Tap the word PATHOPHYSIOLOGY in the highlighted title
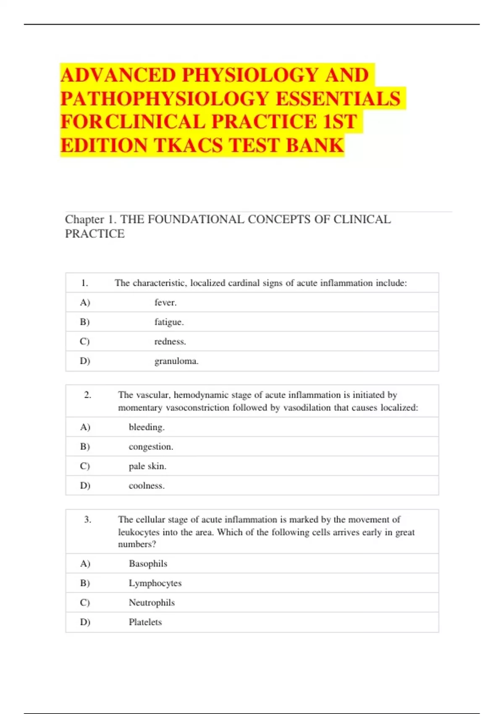point(165,99)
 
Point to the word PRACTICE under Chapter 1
point(95,234)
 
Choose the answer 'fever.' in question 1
point(165,302)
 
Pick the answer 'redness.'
point(170,341)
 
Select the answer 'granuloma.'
point(176,361)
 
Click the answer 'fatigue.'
point(169,322)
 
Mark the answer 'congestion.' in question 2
point(151,446)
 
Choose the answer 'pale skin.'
point(147,466)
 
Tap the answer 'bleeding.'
point(147,427)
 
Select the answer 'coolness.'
point(147,486)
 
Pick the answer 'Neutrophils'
point(152,602)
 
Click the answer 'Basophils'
point(148,564)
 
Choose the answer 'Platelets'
point(145,622)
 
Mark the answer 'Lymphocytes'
point(155,583)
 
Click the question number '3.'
point(87,520)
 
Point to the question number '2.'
point(87,395)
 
